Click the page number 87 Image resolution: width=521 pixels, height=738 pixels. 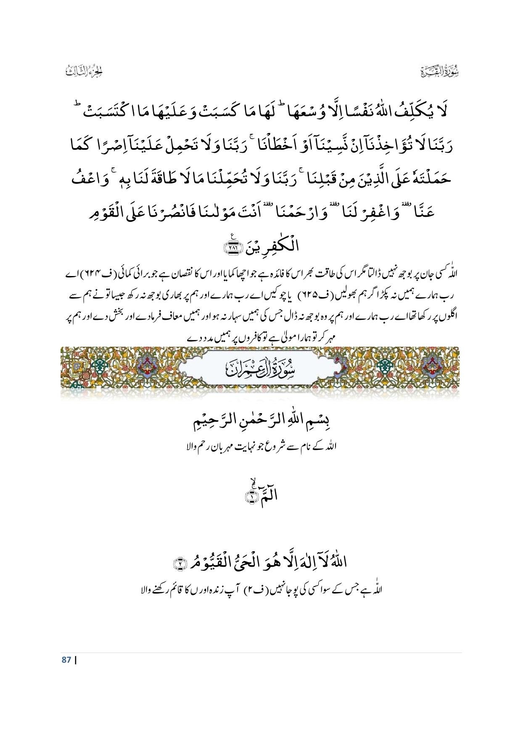click(66, 660)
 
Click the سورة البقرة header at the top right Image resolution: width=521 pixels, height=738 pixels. click(440, 72)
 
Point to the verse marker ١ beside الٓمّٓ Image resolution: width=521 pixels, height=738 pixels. click(251, 497)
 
